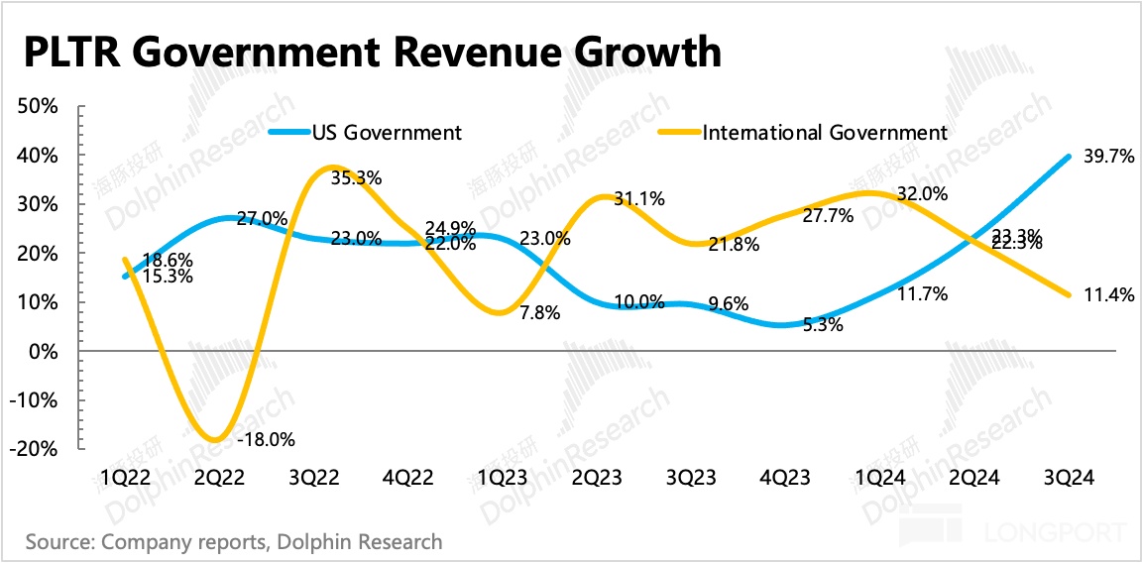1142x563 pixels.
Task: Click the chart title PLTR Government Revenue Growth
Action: (373, 52)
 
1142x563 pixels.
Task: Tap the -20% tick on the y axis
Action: (37, 449)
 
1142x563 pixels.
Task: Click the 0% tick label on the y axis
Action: (46, 351)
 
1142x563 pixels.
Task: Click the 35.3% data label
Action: (358, 178)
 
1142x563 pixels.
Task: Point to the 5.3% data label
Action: (823, 323)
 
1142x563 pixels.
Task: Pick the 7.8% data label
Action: (540, 313)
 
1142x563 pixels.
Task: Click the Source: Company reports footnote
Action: (234, 542)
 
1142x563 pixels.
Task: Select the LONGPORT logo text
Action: (1052, 533)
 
